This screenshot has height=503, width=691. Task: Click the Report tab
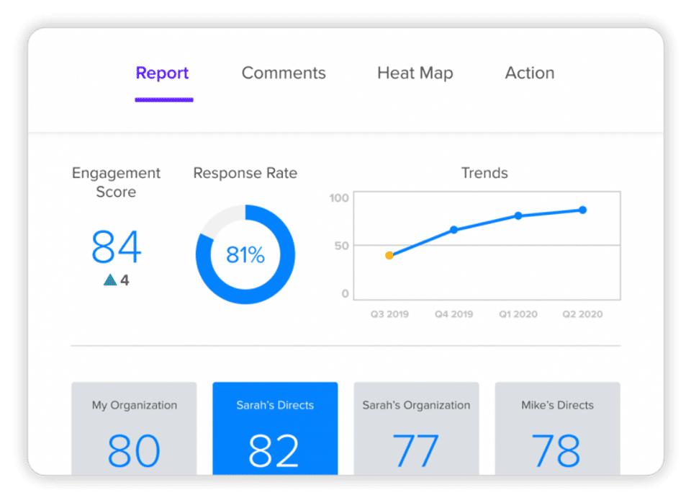pos(163,73)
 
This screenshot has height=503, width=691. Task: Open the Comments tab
pos(284,73)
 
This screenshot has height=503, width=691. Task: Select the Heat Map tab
pos(415,73)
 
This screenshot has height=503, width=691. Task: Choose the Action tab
pos(530,73)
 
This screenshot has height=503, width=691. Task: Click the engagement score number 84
pos(116,246)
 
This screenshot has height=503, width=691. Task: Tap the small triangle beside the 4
pos(109,280)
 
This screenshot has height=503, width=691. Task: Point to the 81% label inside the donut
pos(245,254)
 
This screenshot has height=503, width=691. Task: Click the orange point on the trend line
pos(389,255)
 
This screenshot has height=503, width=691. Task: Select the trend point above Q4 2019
pos(453,230)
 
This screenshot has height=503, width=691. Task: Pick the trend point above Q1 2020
pos(518,215)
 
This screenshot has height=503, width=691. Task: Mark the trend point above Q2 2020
pos(582,210)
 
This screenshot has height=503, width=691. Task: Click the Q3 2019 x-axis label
pos(389,314)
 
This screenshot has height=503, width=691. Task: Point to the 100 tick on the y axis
pos(340,197)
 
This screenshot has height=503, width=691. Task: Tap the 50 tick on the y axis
pos(341,245)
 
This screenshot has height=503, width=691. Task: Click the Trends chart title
pos(484,173)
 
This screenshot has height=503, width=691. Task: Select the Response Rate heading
pos(245,173)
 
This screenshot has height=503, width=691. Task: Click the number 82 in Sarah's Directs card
pos(274,450)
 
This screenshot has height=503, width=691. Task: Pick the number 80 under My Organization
pos(134,450)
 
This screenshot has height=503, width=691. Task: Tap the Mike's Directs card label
pos(557,405)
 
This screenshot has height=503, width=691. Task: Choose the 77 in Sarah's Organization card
pos(415,450)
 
